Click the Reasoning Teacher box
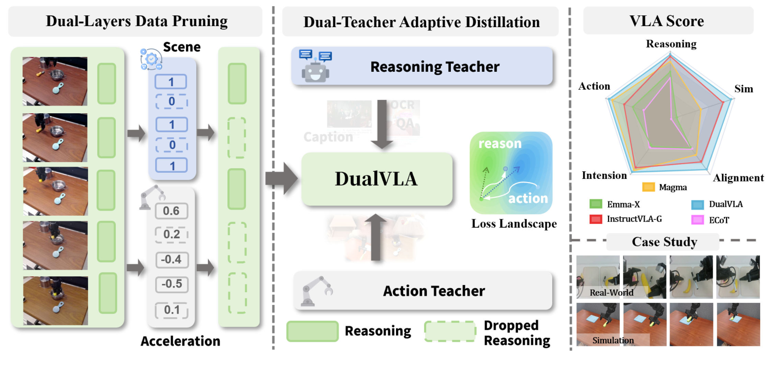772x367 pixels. click(422, 67)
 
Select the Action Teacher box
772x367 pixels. click(423, 291)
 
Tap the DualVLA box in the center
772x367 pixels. click(377, 178)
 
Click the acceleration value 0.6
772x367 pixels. click(171, 210)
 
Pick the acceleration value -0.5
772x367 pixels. click(171, 284)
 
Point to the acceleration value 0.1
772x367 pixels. click(171, 310)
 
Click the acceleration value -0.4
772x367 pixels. click(171, 260)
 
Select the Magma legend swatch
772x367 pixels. click(649, 188)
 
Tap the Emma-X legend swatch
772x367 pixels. click(595, 205)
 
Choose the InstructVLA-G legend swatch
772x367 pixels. click(595, 219)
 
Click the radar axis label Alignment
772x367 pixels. click(738, 178)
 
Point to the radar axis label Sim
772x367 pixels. click(743, 89)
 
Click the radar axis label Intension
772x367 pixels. click(604, 175)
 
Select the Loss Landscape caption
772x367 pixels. click(514, 224)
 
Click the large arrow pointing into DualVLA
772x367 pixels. click(282, 178)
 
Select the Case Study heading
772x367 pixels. click(664, 241)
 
